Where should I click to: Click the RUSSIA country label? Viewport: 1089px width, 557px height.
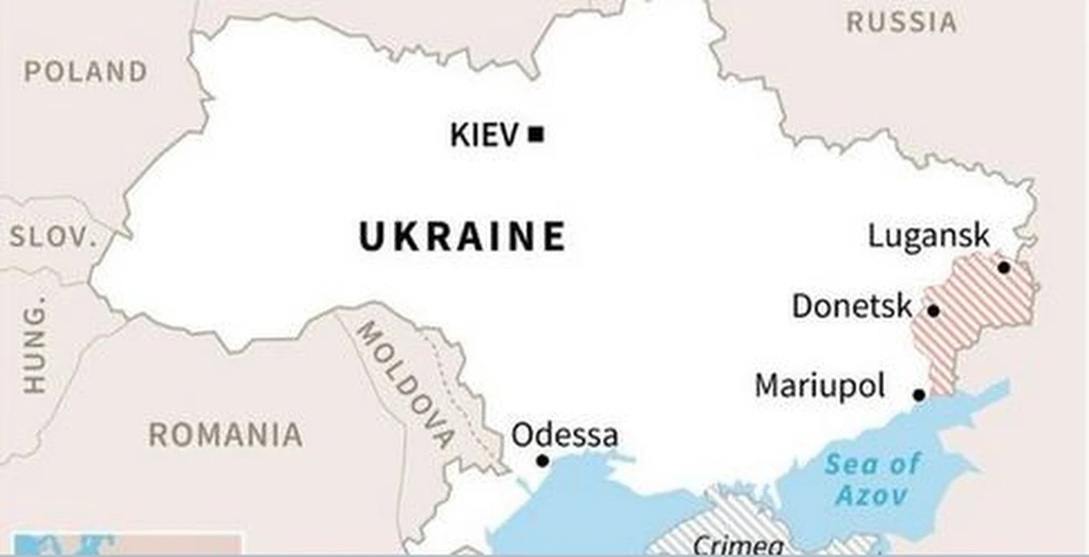point(901,22)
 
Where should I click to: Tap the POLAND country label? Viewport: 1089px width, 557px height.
point(85,72)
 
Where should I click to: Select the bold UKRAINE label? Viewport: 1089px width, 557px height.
point(463,238)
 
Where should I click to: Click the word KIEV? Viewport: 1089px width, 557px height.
point(485,136)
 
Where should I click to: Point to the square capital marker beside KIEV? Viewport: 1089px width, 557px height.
point(536,135)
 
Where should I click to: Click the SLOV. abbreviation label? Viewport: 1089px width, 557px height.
point(53,238)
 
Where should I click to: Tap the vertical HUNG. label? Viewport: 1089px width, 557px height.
point(34,348)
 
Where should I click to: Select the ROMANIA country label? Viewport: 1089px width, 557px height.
point(225,435)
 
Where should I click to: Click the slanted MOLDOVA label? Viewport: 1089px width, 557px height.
point(405,385)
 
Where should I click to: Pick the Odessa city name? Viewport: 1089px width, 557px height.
point(564,435)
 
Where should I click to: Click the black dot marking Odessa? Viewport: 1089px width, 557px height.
point(542,461)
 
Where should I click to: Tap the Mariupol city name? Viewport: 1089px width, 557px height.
point(819,386)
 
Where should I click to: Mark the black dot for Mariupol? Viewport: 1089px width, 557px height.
point(918,395)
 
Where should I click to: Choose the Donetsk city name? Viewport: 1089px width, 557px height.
point(851,306)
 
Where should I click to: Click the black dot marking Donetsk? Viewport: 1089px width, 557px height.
point(933,310)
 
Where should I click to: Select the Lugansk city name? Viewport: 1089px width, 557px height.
point(928,236)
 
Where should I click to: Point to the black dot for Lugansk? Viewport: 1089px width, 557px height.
point(1003,267)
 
